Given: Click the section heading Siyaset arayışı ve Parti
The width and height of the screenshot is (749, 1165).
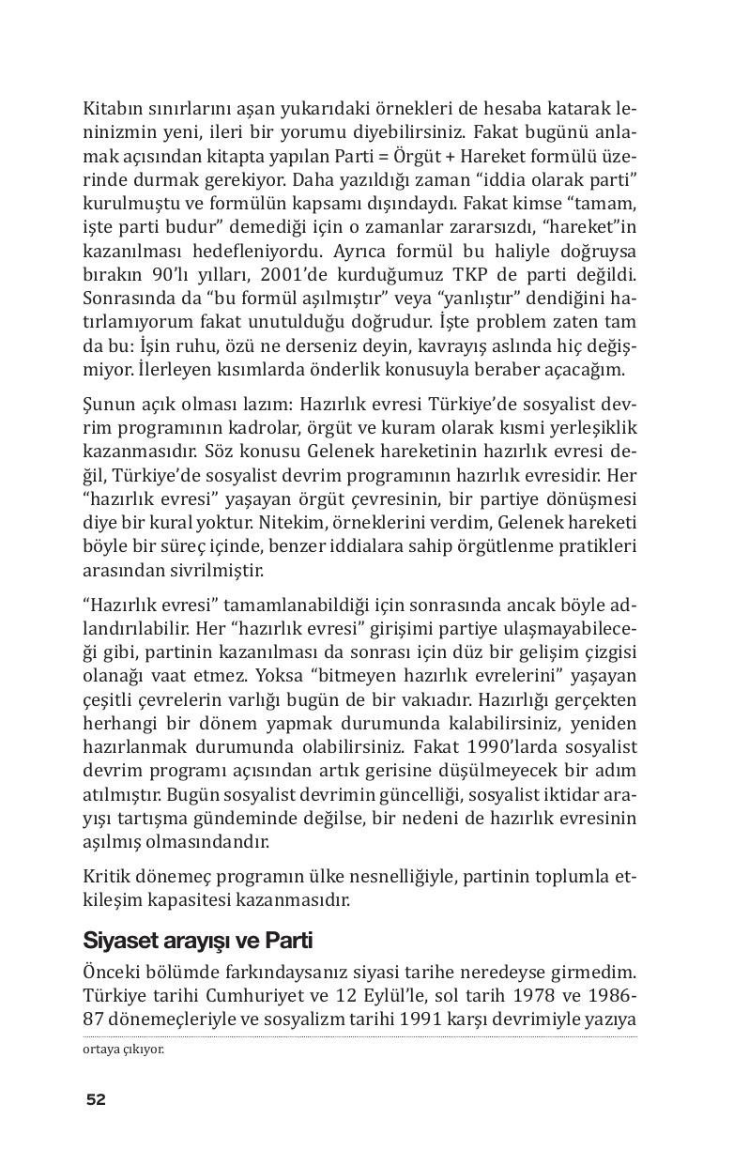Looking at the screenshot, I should click(197, 940).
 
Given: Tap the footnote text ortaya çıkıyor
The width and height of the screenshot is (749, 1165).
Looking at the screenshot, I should click(123, 1050).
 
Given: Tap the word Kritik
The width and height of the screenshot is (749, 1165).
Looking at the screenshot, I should click(105, 876).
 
